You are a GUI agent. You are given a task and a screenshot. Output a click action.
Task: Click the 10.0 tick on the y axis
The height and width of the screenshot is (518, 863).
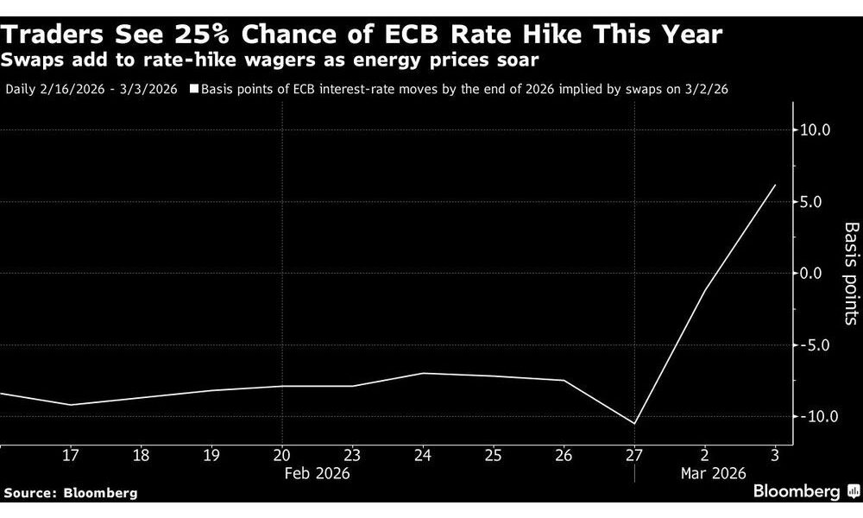816,130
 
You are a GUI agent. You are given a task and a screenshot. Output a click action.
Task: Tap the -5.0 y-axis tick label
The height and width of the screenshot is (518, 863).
816,345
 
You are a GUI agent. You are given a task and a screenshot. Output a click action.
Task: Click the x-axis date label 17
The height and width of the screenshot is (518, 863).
71,455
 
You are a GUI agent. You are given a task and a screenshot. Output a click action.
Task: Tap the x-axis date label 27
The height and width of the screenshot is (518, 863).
634,455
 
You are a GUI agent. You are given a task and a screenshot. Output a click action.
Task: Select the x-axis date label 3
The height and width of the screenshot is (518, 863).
774,455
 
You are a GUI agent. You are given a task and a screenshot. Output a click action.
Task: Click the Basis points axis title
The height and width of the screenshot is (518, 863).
851,273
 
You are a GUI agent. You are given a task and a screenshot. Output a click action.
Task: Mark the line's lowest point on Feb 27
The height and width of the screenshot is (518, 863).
634,424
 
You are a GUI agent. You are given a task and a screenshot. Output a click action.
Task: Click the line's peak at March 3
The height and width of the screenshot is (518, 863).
775,185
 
